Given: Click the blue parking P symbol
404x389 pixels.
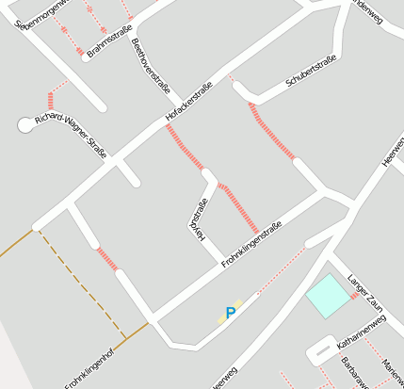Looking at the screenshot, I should pos(230,313).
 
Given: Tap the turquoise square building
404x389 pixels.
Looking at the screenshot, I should pos(327,295).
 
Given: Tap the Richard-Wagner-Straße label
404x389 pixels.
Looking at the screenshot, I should pos(72,133).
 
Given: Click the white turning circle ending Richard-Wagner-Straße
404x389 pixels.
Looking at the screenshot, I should pos(25,124).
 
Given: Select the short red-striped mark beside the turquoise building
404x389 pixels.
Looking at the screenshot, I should pos(354,297).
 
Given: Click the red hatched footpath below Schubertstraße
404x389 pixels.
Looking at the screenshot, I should pos(272,131).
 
